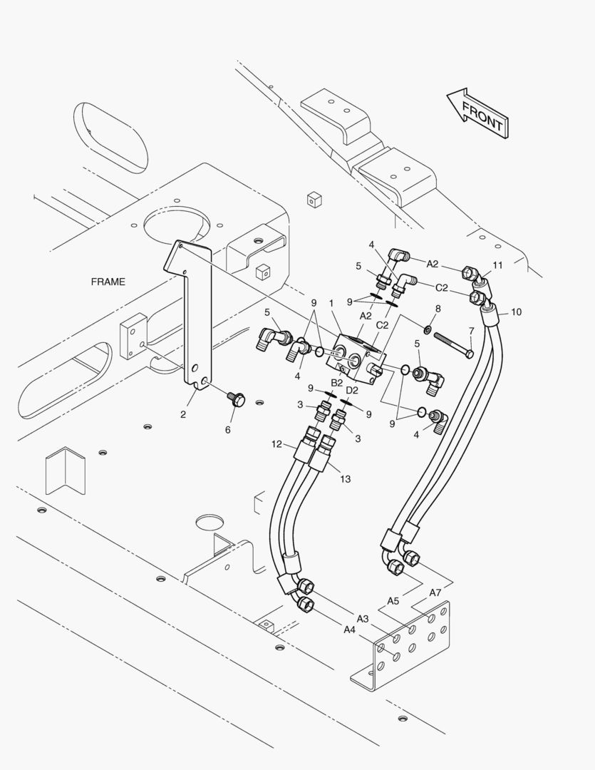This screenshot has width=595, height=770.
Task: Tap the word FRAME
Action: (x=108, y=282)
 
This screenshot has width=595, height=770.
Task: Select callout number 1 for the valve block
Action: (x=331, y=304)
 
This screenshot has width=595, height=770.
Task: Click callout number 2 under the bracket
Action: (x=183, y=414)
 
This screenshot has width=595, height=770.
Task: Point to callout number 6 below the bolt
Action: (x=228, y=430)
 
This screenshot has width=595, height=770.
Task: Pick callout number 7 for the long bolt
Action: (x=471, y=331)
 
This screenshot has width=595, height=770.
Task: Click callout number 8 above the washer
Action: (x=438, y=309)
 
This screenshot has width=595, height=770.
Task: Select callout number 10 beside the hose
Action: (x=516, y=312)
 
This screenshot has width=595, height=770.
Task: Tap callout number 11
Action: (x=498, y=265)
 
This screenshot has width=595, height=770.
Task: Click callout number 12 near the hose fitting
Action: (x=277, y=444)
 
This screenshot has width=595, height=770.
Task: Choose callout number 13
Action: (x=346, y=479)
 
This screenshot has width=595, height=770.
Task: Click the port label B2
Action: (x=336, y=383)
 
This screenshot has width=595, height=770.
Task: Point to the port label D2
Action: (x=352, y=391)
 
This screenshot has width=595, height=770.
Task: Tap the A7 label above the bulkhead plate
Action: (x=435, y=592)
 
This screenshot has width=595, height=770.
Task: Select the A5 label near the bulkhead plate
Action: (x=393, y=600)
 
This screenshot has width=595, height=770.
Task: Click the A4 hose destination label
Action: (x=349, y=630)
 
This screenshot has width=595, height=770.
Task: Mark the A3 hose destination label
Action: (x=362, y=619)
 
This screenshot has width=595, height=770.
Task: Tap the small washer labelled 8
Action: (x=428, y=328)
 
